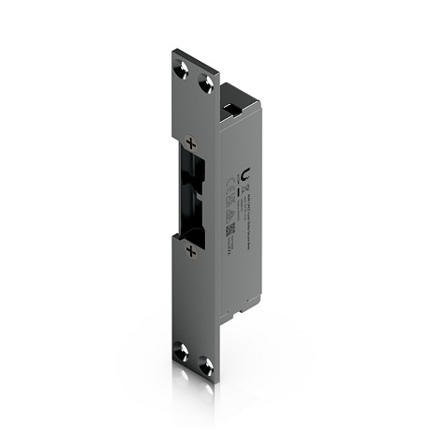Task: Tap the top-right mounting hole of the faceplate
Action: point(206,83)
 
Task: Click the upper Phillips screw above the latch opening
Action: point(191,143)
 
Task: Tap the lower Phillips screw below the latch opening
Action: point(190,250)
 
